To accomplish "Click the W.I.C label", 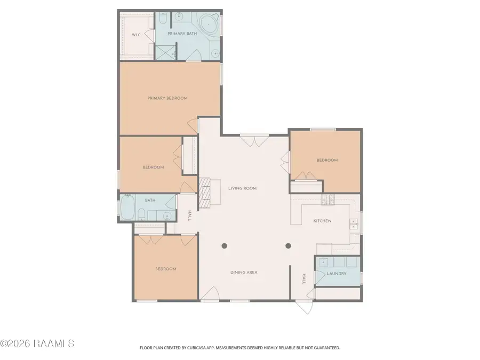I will point(136,35).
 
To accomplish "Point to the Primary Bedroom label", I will point(167,98).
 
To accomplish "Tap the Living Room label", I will point(243,188).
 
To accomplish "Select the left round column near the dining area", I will point(225,246).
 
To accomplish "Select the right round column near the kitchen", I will point(288,246).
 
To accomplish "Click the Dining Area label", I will point(244,273).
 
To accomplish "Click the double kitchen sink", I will point(353,224).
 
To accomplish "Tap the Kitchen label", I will point(322,221).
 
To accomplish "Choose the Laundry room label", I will point(337,274).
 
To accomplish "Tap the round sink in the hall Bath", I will point(167,216).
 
